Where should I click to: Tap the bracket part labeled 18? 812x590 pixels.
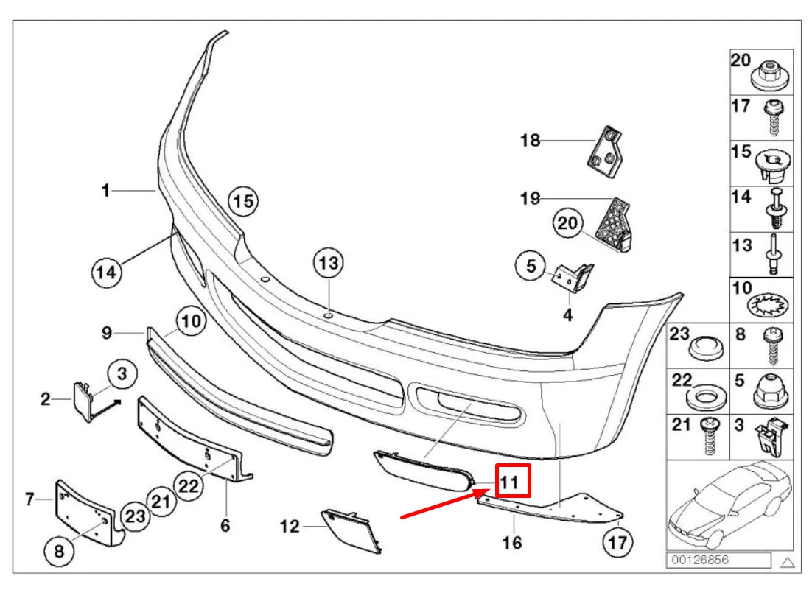[606, 154]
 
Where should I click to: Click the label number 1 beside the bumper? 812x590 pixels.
[105, 191]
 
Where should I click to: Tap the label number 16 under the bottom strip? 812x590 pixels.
[512, 543]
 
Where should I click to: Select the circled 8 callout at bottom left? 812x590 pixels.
[59, 549]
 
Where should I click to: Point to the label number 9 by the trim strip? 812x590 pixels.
[106, 333]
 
